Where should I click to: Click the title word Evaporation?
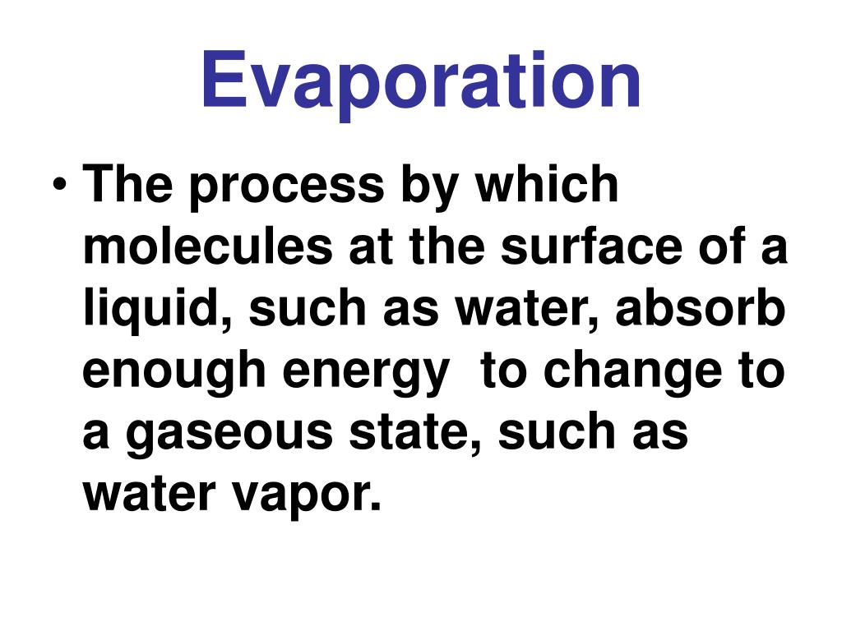click(420, 80)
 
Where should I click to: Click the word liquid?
click(132, 310)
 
